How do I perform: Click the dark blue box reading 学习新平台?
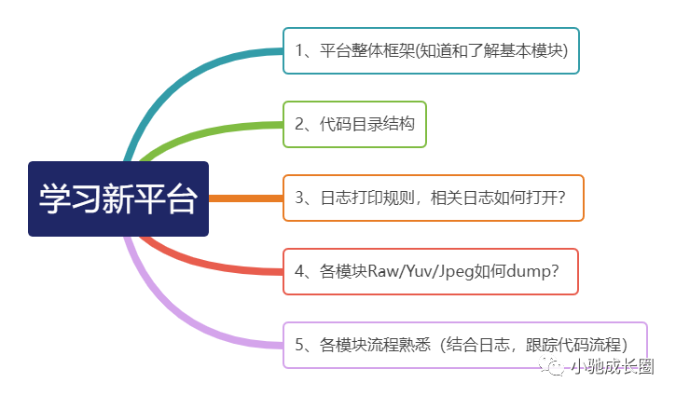118,198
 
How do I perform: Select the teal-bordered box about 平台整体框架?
431,51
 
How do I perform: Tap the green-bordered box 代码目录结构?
354,125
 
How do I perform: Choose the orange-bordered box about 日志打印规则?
434,198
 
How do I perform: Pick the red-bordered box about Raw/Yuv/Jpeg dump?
430,272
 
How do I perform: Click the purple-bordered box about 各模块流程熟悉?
465,345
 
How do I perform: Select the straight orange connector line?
246,198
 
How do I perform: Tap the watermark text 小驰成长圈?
614,367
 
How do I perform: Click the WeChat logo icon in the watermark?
551,366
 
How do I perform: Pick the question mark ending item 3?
561,198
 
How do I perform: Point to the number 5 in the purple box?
299,345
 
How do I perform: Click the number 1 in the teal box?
299,51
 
